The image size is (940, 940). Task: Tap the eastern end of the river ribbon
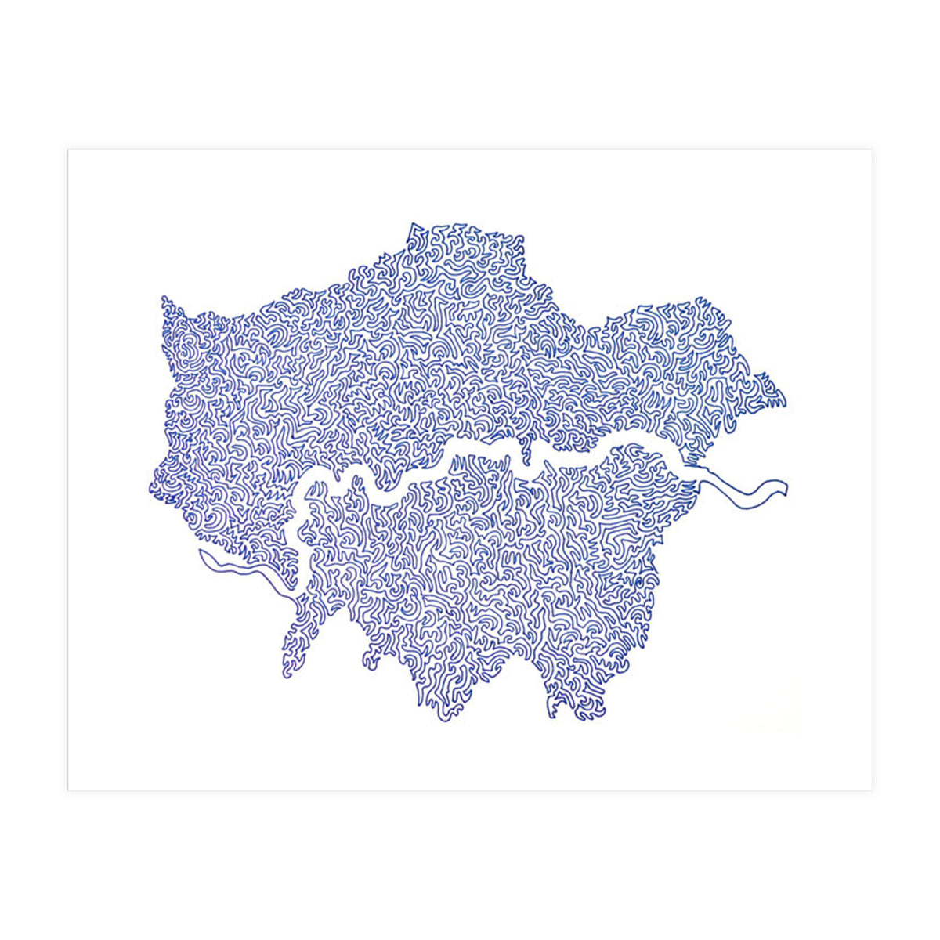pyautogui.click(x=785, y=490)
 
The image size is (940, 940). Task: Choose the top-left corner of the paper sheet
pyautogui.click(x=69, y=150)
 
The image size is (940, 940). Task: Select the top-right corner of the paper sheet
pyautogui.click(x=871, y=150)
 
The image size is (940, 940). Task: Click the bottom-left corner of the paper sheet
pyautogui.click(x=69, y=790)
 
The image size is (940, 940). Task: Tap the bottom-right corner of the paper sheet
pyautogui.click(x=871, y=790)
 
